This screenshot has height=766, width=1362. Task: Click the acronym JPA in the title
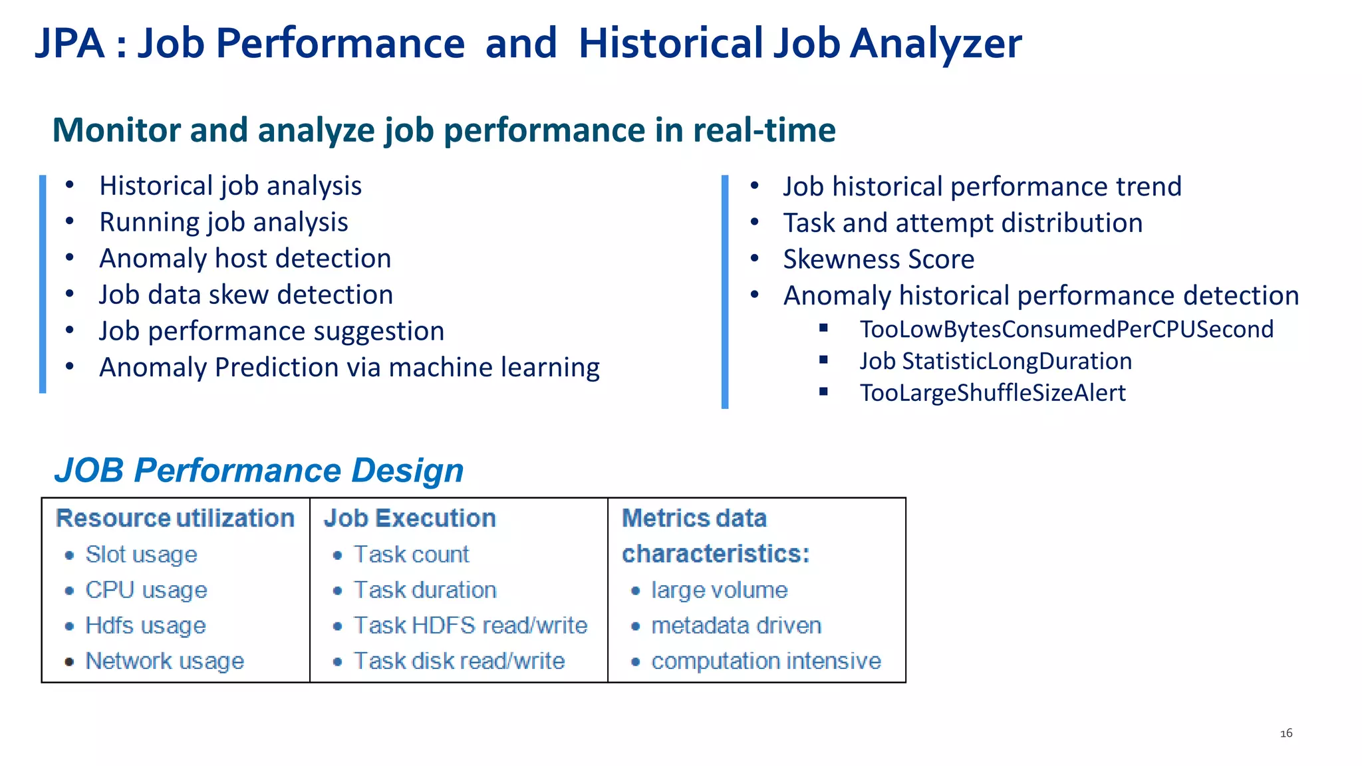(x=70, y=44)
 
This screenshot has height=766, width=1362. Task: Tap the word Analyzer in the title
(x=936, y=44)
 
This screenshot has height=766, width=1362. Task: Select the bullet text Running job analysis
(x=223, y=222)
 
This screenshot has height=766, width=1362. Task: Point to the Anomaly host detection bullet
(x=245, y=259)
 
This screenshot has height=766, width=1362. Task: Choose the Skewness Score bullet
(x=878, y=259)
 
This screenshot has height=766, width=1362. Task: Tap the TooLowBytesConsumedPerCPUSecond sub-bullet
(x=1066, y=329)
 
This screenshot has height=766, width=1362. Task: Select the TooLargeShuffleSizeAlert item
(x=992, y=393)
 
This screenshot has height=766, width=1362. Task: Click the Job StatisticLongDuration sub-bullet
(x=996, y=361)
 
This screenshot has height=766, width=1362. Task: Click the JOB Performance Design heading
(x=259, y=471)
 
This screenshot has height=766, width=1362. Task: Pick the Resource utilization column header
(x=175, y=519)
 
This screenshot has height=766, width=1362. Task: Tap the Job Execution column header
(x=410, y=519)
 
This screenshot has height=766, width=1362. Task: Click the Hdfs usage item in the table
(x=146, y=626)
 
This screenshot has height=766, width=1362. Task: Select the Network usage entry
(x=164, y=661)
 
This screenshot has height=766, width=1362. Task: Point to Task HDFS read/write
(x=470, y=626)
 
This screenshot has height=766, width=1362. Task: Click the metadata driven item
(x=736, y=626)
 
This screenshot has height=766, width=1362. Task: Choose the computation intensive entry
(x=766, y=661)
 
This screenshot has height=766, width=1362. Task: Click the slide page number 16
(x=1286, y=733)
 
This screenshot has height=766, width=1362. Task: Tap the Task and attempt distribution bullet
(x=962, y=223)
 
